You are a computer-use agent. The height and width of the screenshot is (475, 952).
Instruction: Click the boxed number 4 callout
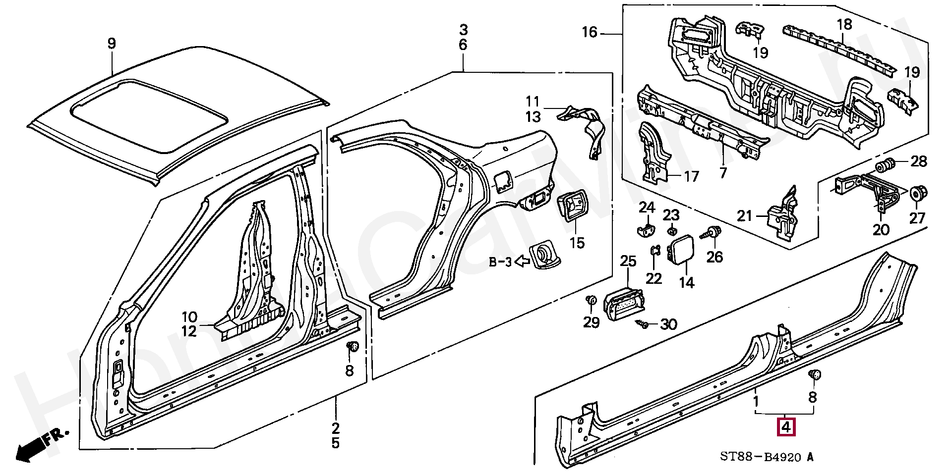786,427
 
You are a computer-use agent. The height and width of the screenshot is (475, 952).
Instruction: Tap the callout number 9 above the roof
112,44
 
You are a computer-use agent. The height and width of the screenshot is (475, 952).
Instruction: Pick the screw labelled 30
642,324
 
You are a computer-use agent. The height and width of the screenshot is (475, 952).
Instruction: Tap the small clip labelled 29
591,300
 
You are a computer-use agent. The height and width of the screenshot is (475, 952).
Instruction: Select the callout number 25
628,261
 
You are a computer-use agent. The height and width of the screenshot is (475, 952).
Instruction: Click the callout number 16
590,33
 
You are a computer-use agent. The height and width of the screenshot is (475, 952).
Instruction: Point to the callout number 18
844,24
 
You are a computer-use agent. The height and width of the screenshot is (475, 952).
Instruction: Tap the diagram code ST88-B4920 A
767,457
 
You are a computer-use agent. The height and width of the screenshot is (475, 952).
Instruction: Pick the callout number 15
577,243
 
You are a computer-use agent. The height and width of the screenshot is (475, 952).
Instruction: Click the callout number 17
691,176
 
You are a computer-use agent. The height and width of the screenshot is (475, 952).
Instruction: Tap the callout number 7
723,173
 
